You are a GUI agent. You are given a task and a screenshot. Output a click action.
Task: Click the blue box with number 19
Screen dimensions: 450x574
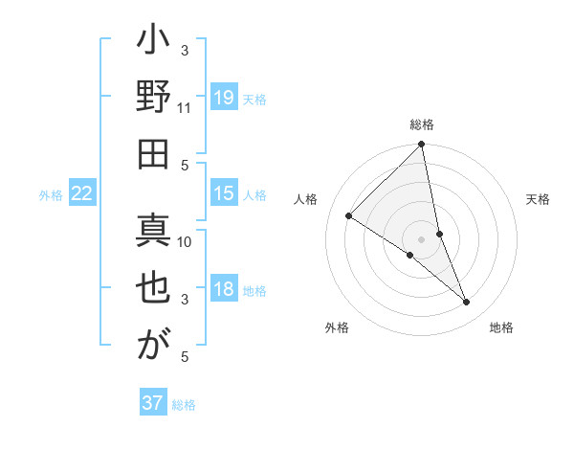point(224,98)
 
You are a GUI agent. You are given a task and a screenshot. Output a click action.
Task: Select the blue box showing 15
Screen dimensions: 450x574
point(224,193)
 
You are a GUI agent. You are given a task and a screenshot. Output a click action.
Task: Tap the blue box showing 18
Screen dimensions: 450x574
point(224,290)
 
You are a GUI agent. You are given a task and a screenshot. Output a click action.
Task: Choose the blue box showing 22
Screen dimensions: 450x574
point(82,193)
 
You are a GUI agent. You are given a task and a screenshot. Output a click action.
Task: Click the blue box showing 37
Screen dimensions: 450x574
point(153,403)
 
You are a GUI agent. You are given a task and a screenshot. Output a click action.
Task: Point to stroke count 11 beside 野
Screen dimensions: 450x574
point(185,108)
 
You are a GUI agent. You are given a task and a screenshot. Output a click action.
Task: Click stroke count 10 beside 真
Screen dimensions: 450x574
point(186,241)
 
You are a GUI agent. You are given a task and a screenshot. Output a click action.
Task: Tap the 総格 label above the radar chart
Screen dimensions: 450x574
point(422,124)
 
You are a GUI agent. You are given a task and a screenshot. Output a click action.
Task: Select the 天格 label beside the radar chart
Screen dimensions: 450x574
point(538,199)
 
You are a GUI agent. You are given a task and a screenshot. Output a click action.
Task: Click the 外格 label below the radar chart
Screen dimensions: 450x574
point(337,327)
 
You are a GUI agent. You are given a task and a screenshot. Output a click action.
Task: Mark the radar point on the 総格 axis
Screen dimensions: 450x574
point(422,146)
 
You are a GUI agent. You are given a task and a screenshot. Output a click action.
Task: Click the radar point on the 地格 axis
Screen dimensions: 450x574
point(467,303)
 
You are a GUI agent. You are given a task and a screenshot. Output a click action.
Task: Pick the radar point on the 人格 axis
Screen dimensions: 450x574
point(349,215)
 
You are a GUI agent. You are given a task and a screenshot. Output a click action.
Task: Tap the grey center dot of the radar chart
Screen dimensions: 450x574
point(422,238)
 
